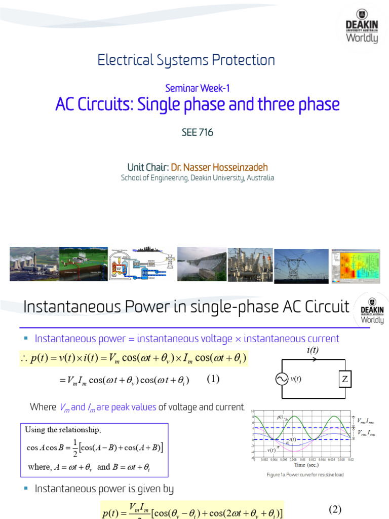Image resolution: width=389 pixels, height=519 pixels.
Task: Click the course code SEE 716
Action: coord(197,133)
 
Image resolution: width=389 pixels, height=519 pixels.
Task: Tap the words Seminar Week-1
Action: coord(198,88)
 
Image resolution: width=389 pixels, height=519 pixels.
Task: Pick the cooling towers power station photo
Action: coord(34,264)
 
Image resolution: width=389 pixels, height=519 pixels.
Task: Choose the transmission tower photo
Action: coord(301,264)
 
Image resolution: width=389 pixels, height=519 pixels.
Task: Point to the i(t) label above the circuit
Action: coord(313,350)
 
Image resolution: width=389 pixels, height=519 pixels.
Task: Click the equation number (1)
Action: coord(213,379)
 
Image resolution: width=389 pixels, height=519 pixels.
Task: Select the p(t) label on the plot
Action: coord(280,417)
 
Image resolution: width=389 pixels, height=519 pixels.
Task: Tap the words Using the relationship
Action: coord(63,430)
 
